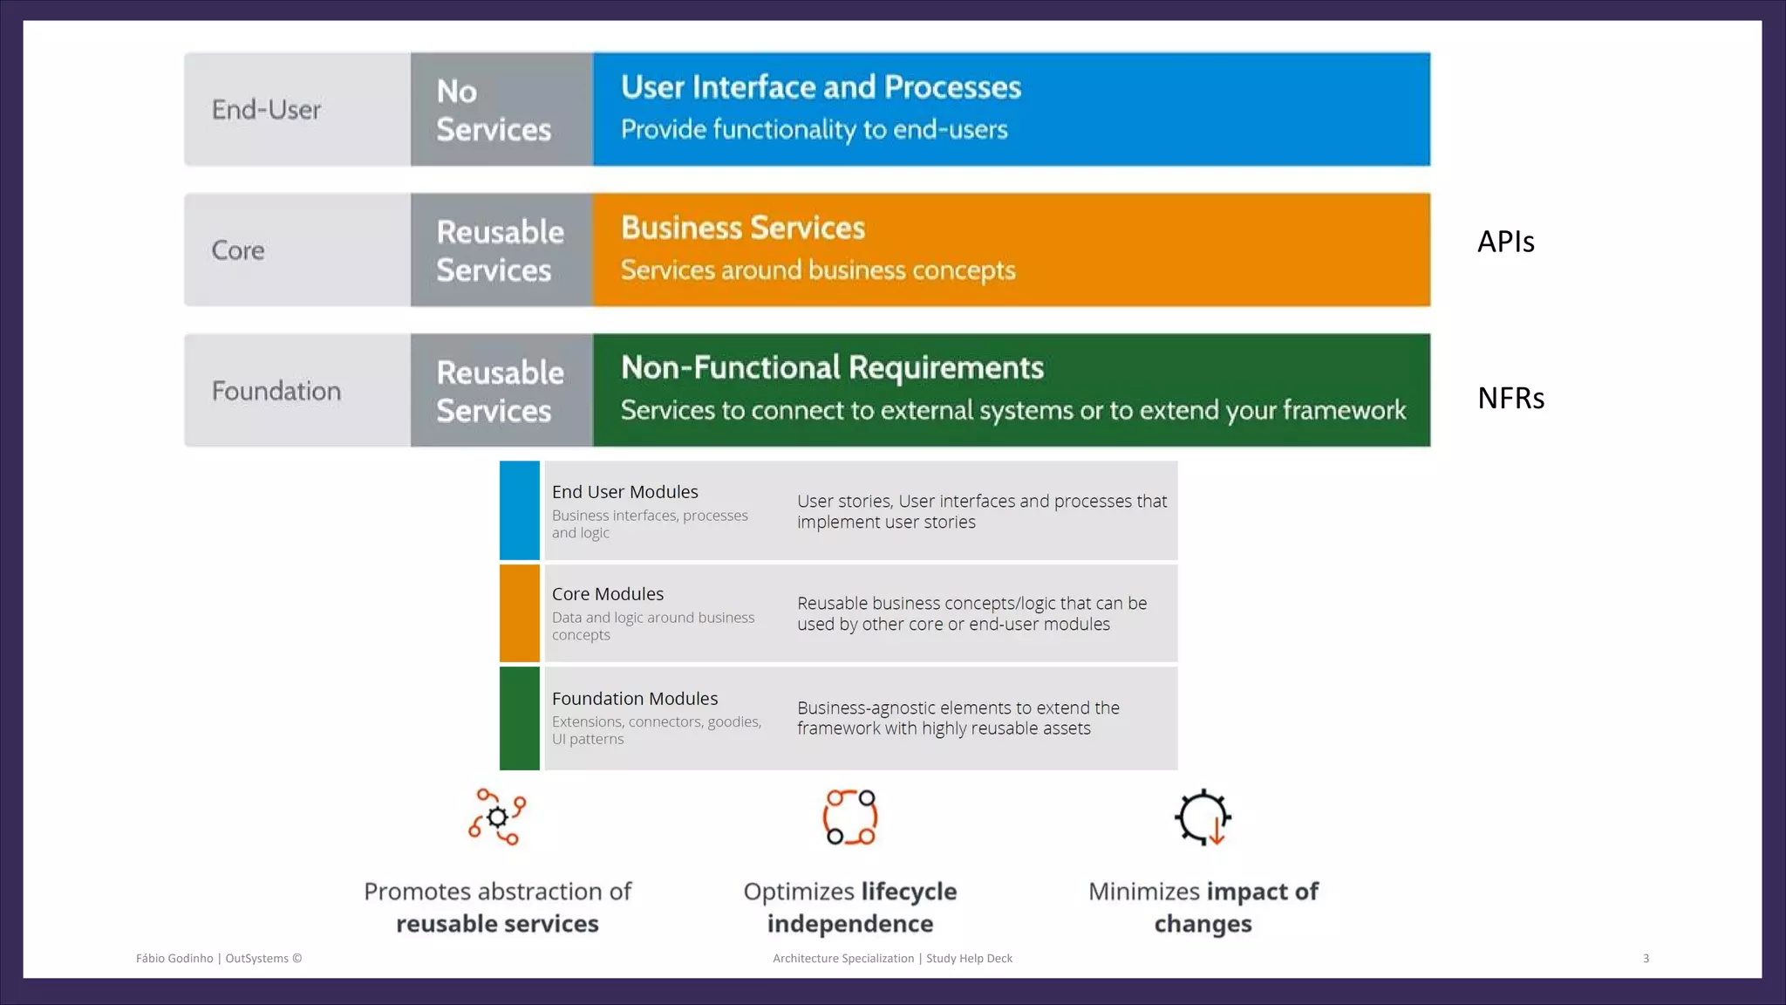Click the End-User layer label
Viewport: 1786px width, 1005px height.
pos(266,110)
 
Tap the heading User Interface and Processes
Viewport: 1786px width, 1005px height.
pos(821,87)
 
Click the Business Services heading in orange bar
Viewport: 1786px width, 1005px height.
pos(743,228)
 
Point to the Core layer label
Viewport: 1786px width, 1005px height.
pos(238,250)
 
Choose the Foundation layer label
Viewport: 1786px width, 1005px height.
pos(276,391)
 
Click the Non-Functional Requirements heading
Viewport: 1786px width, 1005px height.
pos(832,367)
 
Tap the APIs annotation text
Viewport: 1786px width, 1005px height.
pos(1505,242)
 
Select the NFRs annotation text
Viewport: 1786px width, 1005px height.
pos(1510,399)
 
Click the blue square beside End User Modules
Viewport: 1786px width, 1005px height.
pos(520,510)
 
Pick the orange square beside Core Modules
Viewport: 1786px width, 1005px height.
pos(520,613)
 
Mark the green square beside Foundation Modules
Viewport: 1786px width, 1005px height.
pos(520,718)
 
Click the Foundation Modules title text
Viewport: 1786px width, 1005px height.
pos(635,699)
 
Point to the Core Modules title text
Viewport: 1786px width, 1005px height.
pos(608,594)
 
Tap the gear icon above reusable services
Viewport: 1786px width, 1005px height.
pos(497,817)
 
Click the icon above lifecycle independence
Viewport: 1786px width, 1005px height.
pos(850,817)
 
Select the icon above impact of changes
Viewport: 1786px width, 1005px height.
pos(1203,817)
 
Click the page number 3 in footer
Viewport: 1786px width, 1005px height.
pos(1646,958)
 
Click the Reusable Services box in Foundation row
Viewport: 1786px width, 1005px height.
pos(501,391)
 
